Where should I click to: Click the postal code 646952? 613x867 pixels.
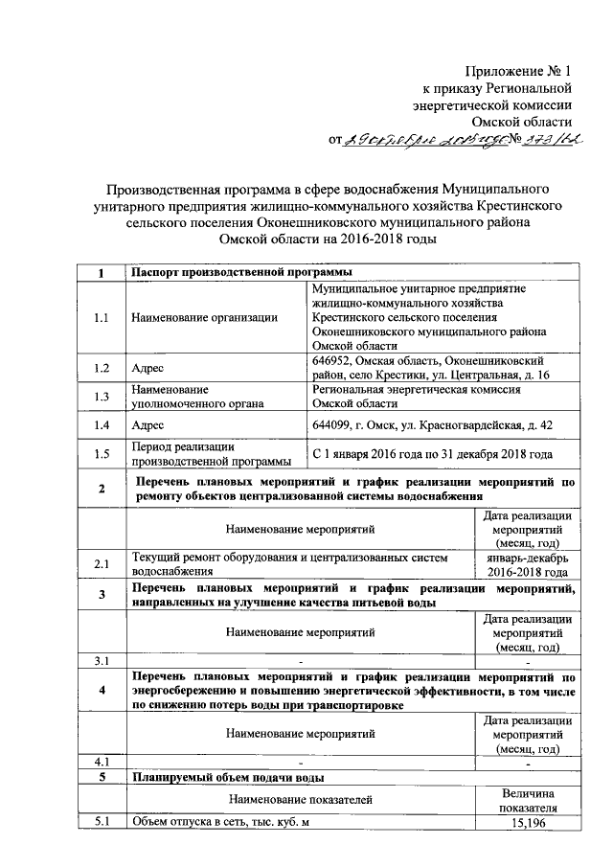click(x=332, y=359)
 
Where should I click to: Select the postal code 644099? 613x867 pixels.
click(x=332, y=424)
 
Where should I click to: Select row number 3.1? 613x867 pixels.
click(x=101, y=661)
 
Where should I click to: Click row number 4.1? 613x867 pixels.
click(x=101, y=762)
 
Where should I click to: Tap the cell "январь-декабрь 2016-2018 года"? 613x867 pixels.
click(x=529, y=565)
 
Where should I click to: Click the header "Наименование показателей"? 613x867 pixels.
click(x=299, y=799)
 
